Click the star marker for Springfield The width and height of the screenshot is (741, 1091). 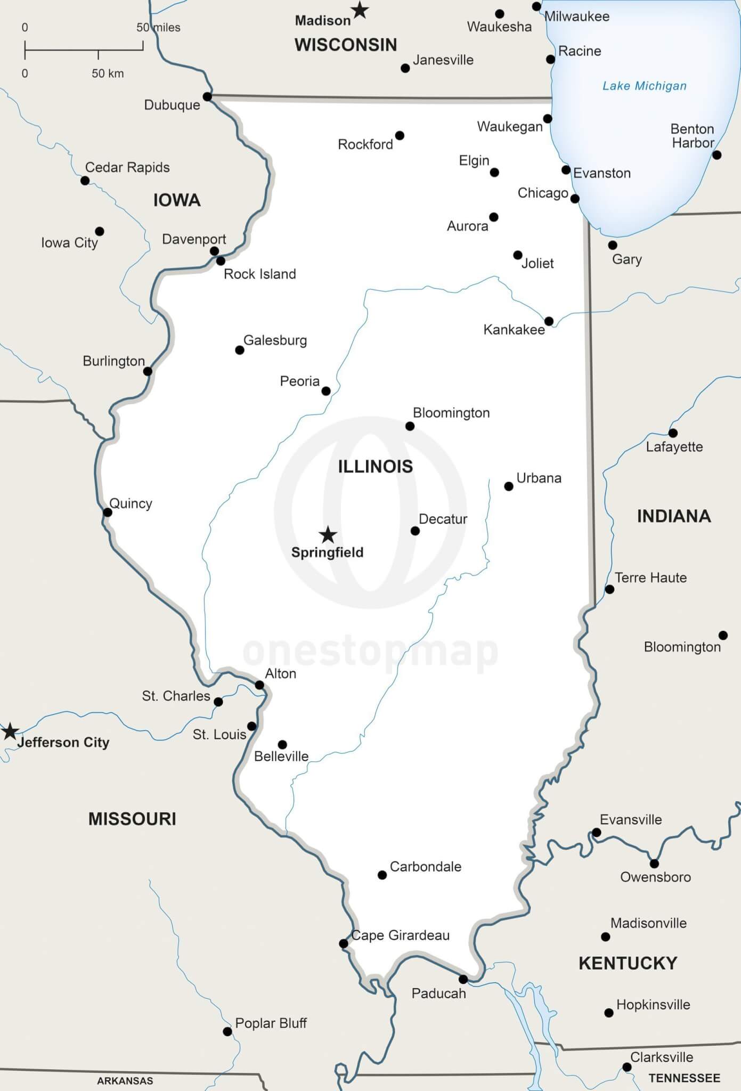click(328, 534)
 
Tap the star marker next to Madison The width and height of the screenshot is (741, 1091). click(360, 10)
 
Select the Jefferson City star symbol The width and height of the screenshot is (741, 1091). click(10, 731)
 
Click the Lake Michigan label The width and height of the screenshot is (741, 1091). click(644, 86)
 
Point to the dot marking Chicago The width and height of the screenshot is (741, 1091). click(575, 199)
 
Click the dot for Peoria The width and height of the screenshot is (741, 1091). click(326, 391)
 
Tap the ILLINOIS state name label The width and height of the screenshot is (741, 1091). click(375, 466)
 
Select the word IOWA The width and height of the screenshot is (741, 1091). click(177, 200)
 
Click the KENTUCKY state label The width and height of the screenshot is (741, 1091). click(628, 963)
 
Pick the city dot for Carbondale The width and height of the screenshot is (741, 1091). click(382, 875)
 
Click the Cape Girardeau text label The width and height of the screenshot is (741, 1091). click(401, 935)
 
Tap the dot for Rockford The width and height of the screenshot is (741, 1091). click(400, 135)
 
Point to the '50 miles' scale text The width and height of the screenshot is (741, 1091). click(158, 27)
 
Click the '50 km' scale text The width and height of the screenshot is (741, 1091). click(108, 74)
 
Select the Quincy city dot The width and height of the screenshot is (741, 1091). click(108, 512)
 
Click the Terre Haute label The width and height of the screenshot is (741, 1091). click(650, 577)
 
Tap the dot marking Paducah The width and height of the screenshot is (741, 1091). click(463, 979)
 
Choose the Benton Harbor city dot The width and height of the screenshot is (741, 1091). click(716, 155)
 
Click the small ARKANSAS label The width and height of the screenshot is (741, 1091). click(125, 1081)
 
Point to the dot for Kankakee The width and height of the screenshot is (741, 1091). click(549, 321)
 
